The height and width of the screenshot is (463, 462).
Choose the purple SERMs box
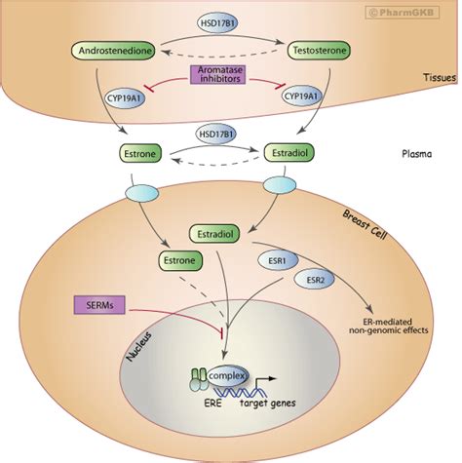pos(103,306)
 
